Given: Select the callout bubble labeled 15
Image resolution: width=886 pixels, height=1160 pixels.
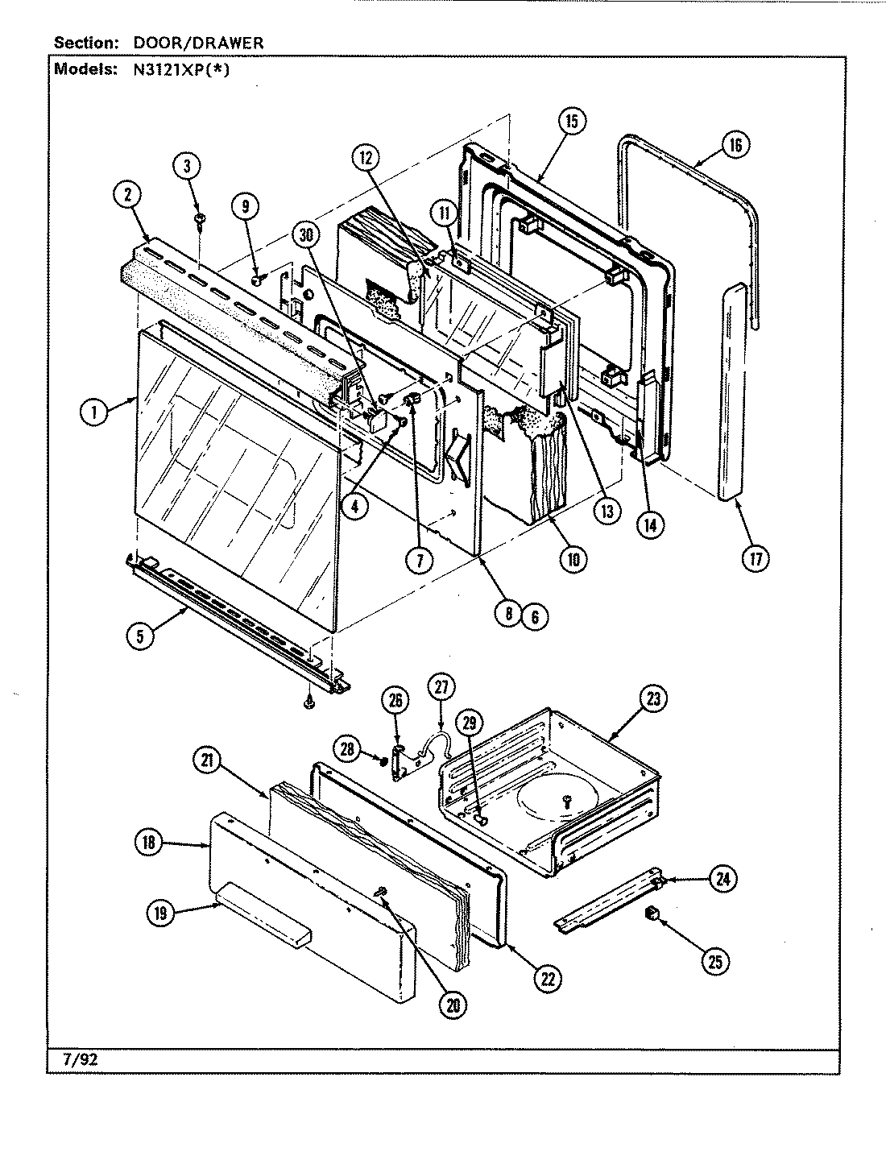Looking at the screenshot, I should (571, 122).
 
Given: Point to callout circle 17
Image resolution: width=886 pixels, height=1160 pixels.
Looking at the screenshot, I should (755, 559).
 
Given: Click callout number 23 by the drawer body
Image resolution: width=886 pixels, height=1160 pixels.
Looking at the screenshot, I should (652, 699).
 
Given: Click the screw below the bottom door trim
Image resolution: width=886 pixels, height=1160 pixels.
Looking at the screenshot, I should (308, 703).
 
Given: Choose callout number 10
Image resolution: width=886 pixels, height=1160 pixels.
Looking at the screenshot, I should (573, 559).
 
